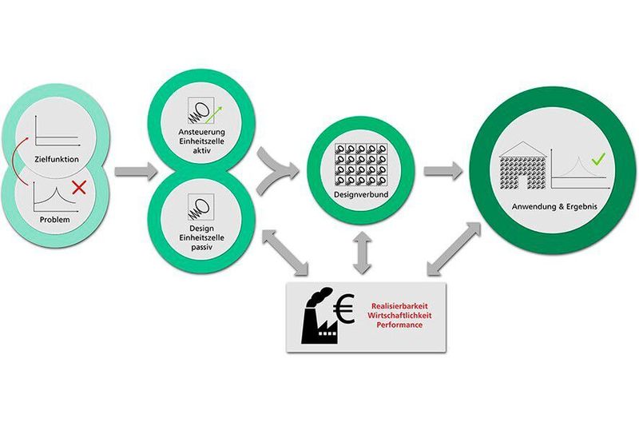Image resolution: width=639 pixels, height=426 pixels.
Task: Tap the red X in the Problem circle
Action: [x=79, y=189]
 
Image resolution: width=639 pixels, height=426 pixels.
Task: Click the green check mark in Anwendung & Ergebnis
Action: [x=597, y=159]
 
